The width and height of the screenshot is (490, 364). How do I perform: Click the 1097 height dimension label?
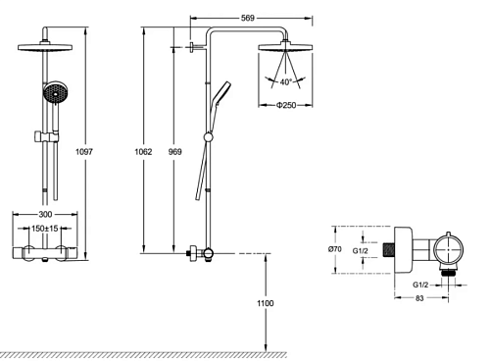coord(84,152)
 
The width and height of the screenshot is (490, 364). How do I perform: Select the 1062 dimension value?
coord(143,152)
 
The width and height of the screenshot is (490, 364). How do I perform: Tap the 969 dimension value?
coord(175,152)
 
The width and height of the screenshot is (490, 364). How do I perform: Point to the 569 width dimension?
coord(248,18)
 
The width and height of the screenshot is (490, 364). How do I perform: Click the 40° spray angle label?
coord(285,82)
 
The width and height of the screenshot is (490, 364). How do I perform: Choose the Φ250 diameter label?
coord(286,105)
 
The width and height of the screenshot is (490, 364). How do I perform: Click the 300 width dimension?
coord(45,214)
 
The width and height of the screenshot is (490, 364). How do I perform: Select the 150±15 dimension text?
coord(45,229)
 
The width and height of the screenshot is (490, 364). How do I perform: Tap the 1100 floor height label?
coord(266,303)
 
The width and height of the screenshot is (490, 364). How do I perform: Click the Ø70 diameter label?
coord(335,249)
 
